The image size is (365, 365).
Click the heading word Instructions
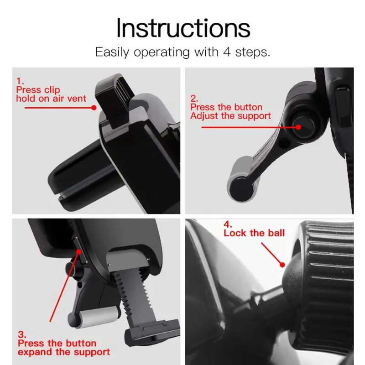[x=183, y=28]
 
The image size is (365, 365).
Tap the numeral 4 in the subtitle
[x=227, y=52]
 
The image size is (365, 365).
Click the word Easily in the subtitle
[x=112, y=52]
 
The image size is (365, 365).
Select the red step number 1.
[x=20, y=81]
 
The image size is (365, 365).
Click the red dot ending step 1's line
[x=94, y=108]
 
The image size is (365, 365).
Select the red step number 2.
[x=194, y=99]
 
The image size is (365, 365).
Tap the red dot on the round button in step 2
[x=298, y=127]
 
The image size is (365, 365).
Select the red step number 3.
[x=22, y=334]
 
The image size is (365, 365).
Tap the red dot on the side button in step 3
[x=78, y=252]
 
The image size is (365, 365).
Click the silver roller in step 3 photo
[x=98, y=316]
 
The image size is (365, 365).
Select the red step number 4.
[x=228, y=224]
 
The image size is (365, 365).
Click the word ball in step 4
[x=276, y=233]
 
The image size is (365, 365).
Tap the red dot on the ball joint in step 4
[x=282, y=265]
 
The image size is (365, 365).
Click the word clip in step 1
[x=52, y=90]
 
